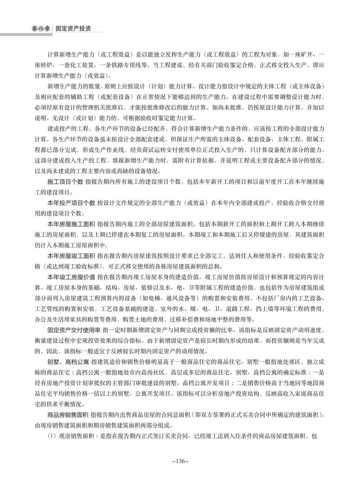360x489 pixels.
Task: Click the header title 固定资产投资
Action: pyautogui.click(x=73, y=29)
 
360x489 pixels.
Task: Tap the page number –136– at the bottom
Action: pyautogui.click(x=180, y=461)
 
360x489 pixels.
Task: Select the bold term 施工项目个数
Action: pyautogui.click(x=65, y=182)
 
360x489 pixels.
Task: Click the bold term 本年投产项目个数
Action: pyautogui.click(x=71, y=203)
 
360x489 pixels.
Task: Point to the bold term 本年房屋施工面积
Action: pyautogui.click(x=71, y=224)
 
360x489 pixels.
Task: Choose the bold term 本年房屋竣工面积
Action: pyautogui.click(x=71, y=256)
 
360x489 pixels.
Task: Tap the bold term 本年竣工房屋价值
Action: pyautogui.click(x=71, y=277)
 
